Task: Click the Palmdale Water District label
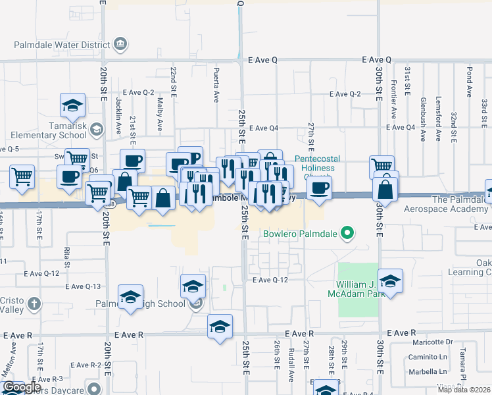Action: coord(62,45)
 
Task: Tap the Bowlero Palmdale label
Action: coord(301,234)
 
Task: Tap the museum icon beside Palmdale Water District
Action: coord(121,45)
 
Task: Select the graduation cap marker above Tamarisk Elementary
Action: coord(72,105)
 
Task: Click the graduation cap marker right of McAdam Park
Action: coord(390,282)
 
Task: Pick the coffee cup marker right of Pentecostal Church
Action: coord(320,188)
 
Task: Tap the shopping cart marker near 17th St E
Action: coord(22,176)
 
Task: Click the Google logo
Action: coord(22,387)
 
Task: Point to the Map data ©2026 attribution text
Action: coord(464,390)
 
